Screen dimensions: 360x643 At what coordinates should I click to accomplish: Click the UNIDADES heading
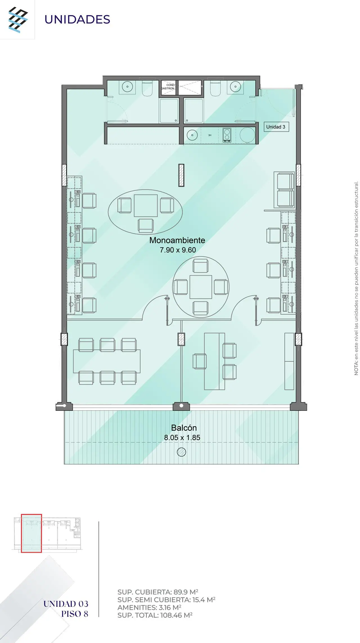pyautogui.click(x=77, y=19)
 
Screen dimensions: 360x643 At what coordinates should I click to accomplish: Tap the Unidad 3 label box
pyautogui.click(x=276, y=127)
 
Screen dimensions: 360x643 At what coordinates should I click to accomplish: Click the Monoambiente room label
pyautogui.click(x=177, y=240)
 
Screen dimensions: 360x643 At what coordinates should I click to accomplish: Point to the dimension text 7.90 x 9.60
pyautogui.click(x=178, y=250)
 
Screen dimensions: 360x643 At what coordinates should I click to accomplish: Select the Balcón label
pyautogui.click(x=184, y=428)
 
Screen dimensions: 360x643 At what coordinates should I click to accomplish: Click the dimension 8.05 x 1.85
pyautogui.click(x=182, y=437)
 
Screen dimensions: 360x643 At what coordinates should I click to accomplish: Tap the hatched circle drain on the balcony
pyautogui.click(x=182, y=452)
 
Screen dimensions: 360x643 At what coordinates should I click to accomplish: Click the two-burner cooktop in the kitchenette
pyautogui.click(x=227, y=135)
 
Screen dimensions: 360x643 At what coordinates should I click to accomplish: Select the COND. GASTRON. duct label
pyautogui.click(x=168, y=87)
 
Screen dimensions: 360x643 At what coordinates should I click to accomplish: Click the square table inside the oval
pyautogui.click(x=146, y=206)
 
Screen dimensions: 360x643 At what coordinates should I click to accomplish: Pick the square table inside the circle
pyautogui.click(x=201, y=287)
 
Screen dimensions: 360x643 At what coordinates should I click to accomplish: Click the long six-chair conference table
pyautogui.click(x=107, y=361)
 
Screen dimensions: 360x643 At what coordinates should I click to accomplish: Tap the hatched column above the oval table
pyautogui.click(x=181, y=175)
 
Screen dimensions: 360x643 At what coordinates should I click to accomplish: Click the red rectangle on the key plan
pyautogui.click(x=31, y=533)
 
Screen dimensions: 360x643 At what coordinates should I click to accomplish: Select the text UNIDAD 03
pyautogui.click(x=66, y=604)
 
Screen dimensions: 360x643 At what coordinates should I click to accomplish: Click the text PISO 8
pyautogui.click(x=75, y=614)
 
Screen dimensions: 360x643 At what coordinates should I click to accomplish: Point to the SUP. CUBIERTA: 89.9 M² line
pyautogui.click(x=158, y=592)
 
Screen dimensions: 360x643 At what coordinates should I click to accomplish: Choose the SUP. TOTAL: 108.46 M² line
pyautogui.click(x=155, y=615)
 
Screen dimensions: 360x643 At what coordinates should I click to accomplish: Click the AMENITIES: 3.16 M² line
pyautogui.click(x=149, y=607)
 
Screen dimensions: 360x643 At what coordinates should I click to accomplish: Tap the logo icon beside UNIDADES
pyautogui.click(x=18, y=20)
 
